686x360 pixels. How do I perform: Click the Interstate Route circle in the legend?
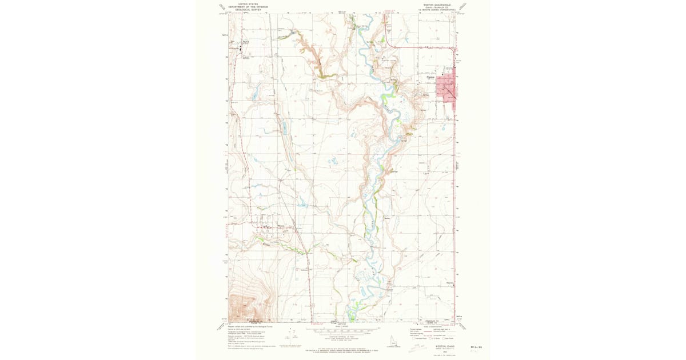coord(415,339)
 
